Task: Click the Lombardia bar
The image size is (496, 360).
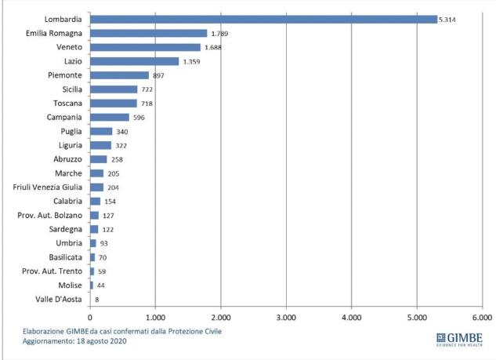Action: (x=263, y=19)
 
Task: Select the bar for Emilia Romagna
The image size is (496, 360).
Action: (x=149, y=33)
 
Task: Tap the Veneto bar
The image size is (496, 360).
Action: (x=145, y=47)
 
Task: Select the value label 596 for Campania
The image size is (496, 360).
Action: (x=142, y=118)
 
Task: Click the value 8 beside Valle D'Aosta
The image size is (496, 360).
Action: (x=97, y=300)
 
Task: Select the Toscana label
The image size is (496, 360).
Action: (x=67, y=104)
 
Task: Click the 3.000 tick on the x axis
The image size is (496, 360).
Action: (x=286, y=318)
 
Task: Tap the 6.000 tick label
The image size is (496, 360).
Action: (x=481, y=318)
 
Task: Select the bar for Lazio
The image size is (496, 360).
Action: (x=135, y=61)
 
